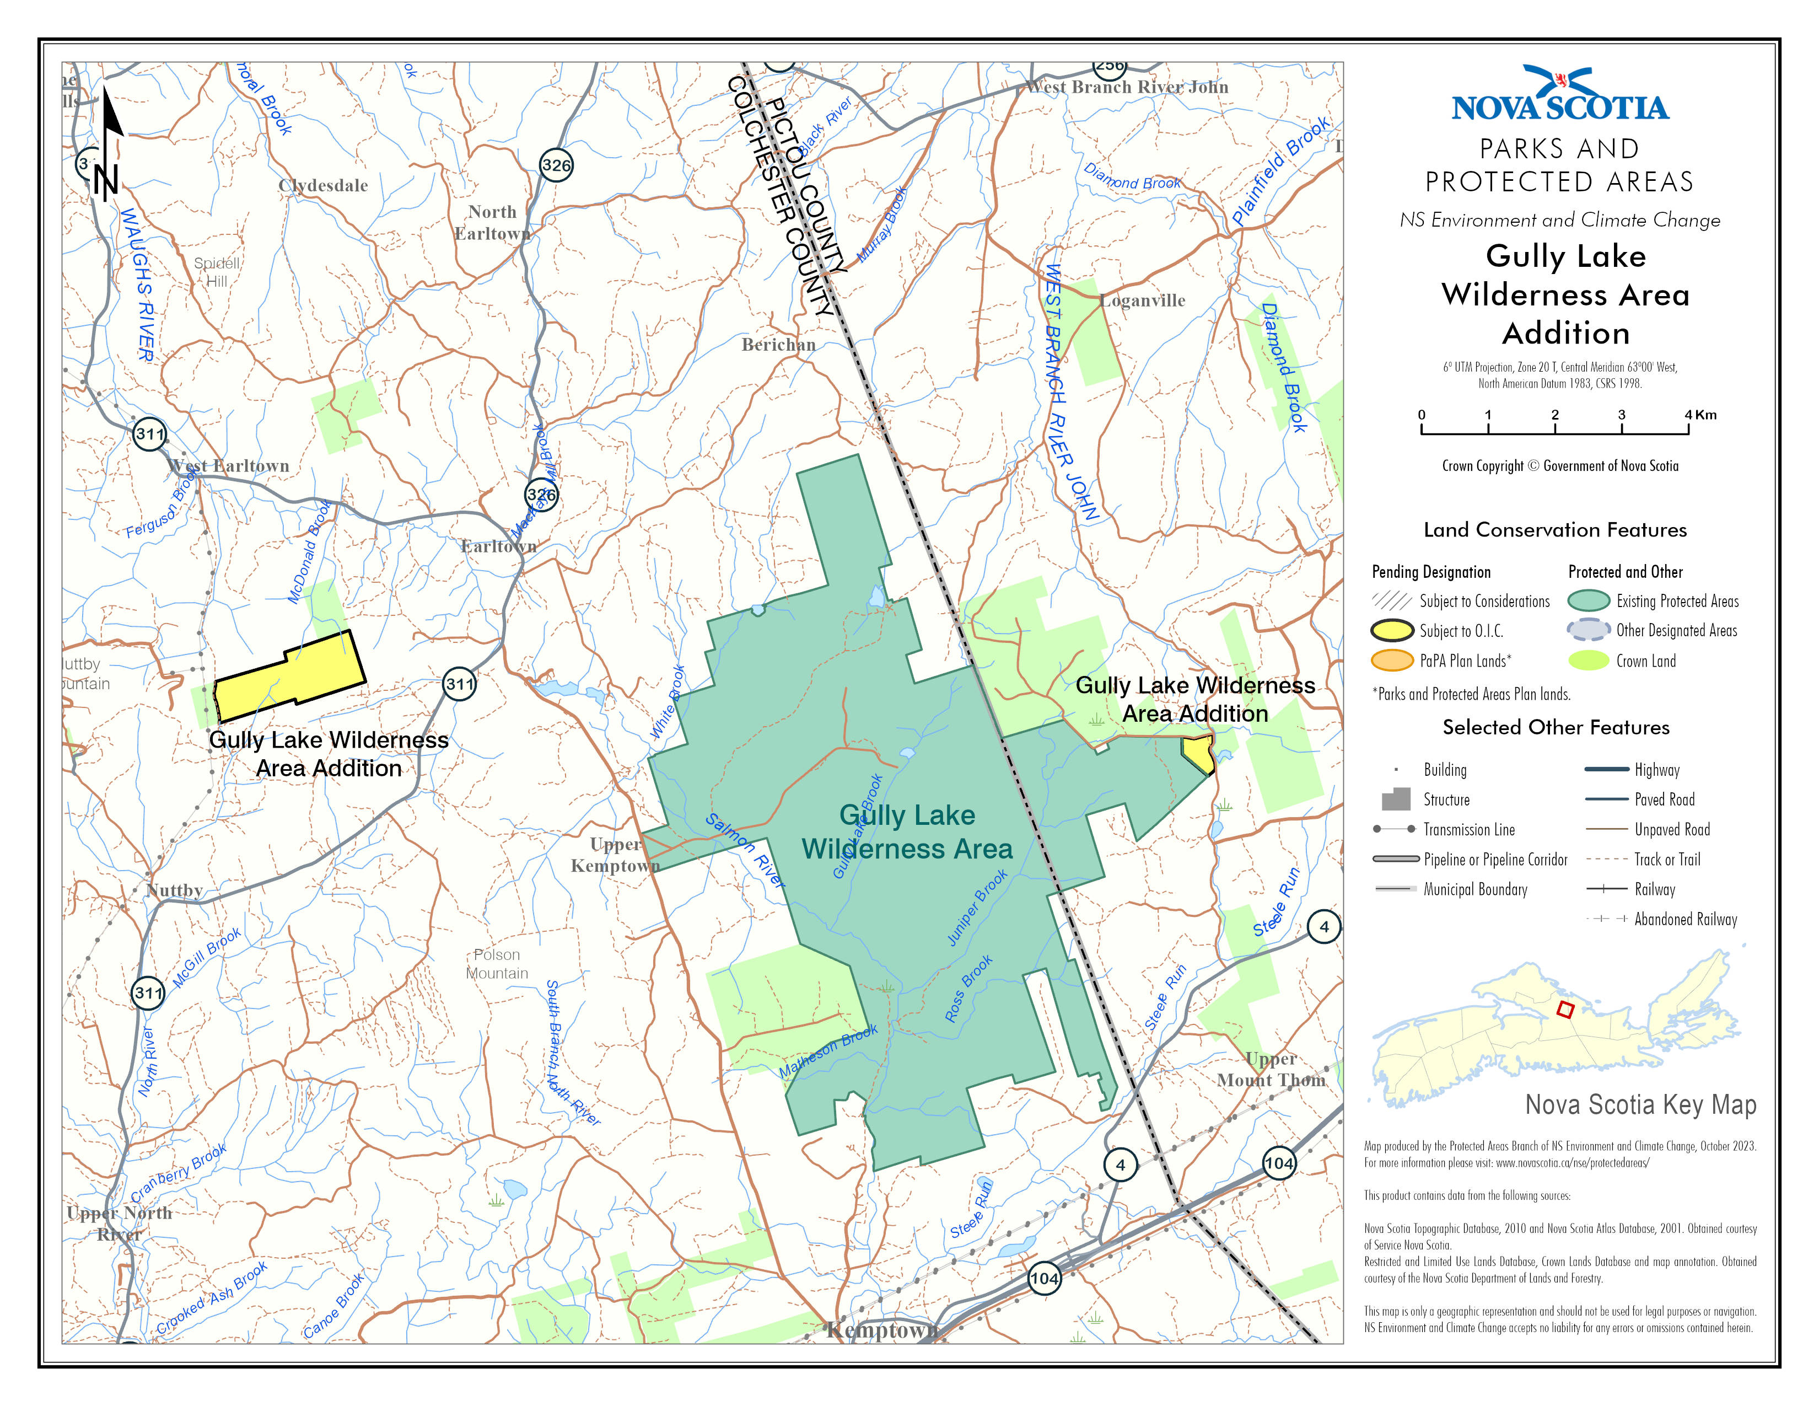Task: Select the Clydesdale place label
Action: (323, 186)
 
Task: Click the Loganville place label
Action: (1142, 300)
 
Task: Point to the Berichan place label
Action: (778, 344)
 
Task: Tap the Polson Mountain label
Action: (497, 964)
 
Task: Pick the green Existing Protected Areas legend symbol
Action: (1587, 600)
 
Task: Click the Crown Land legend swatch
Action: (1587, 661)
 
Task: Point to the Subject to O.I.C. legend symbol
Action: (1392, 631)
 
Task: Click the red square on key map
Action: (1565, 1010)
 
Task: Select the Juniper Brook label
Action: (978, 908)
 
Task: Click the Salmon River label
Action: (745, 850)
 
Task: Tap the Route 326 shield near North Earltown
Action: (556, 165)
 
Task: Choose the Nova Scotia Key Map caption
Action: (1640, 1104)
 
